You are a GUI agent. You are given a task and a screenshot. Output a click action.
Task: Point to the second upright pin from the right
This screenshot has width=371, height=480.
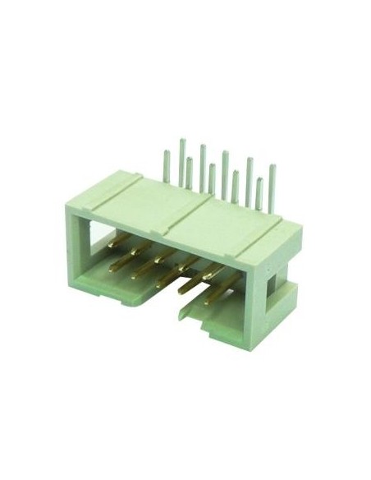(259, 193)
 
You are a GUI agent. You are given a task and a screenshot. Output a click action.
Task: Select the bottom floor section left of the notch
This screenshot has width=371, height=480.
(115, 292)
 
